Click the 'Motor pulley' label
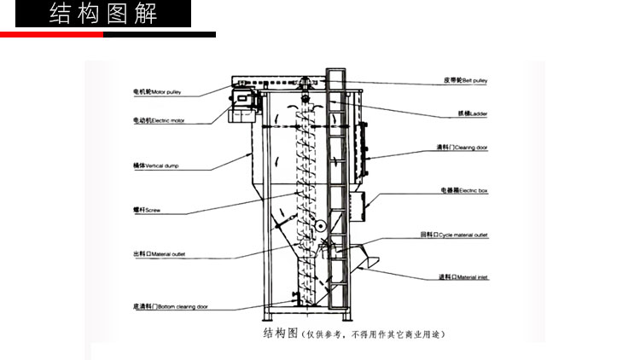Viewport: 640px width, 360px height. pyautogui.click(x=155, y=90)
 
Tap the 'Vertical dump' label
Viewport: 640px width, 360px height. pyautogui.click(x=155, y=165)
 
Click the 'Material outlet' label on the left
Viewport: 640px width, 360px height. pyautogui.click(x=159, y=254)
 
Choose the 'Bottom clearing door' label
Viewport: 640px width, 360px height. pyautogui.click(x=170, y=306)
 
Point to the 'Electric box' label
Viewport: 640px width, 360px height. pyautogui.click(x=463, y=190)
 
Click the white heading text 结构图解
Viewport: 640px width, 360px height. pyautogui.click(x=103, y=15)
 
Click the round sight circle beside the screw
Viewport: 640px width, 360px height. pyautogui.click(x=319, y=226)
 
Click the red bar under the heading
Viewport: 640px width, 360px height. pyautogui.click(x=51, y=35)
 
